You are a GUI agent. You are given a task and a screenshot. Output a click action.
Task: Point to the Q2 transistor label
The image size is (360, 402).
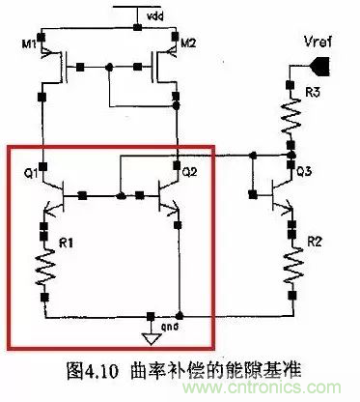click(189, 172)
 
